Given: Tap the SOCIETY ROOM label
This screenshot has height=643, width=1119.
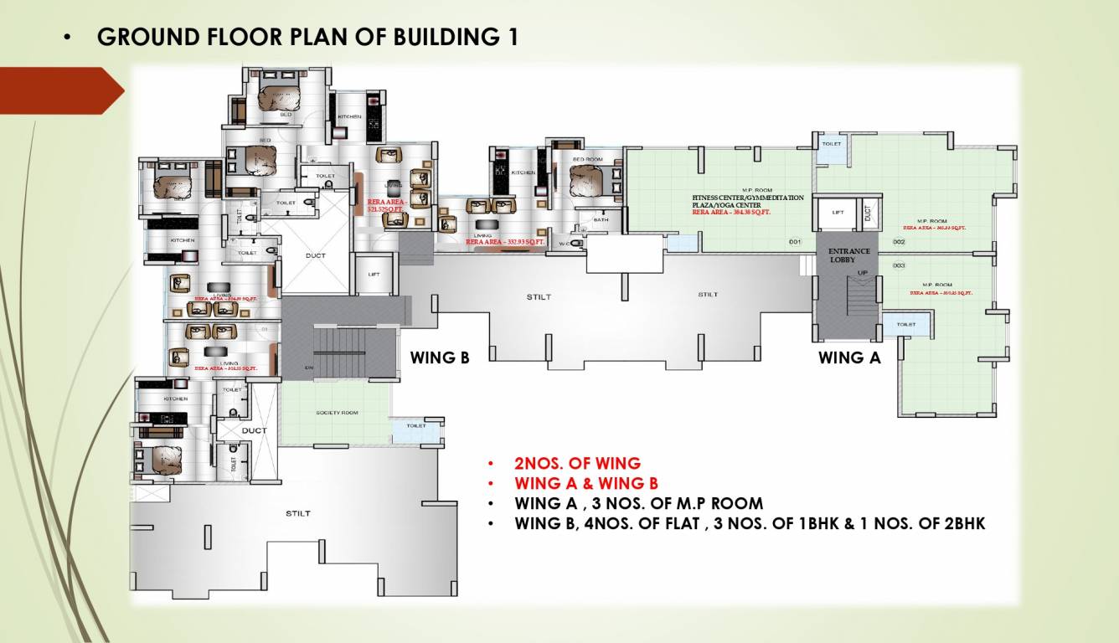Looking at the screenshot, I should pyautogui.click(x=337, y=414).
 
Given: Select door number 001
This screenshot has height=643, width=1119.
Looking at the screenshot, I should pyautogui.click(x=795, y=242).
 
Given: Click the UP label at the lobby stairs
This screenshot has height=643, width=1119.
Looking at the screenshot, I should pyautogui.click(x=862, y=273).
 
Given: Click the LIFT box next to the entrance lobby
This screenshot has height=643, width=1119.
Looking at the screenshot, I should pyautogui.click(x=838, y=213).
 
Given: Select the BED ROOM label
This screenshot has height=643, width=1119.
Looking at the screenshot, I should pyautogui.click(x=587, y=158).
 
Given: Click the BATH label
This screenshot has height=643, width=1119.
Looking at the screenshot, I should pyautogui.click(x=601, y=220).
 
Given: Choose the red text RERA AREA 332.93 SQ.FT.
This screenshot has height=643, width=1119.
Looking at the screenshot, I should pyautogui.click(x=505, y=242).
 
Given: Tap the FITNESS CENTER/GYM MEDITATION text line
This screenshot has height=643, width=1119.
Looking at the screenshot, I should pyautogui.click(x=747, y=198).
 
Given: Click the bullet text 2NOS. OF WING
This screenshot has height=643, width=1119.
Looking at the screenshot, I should pyautogui.click(x=577, y=463).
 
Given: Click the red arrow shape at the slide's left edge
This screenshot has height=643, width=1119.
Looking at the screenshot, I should pyautogui.click(x=59, y=90).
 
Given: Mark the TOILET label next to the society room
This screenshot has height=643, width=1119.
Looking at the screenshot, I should pyautogui.click(x=416, y=426).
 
